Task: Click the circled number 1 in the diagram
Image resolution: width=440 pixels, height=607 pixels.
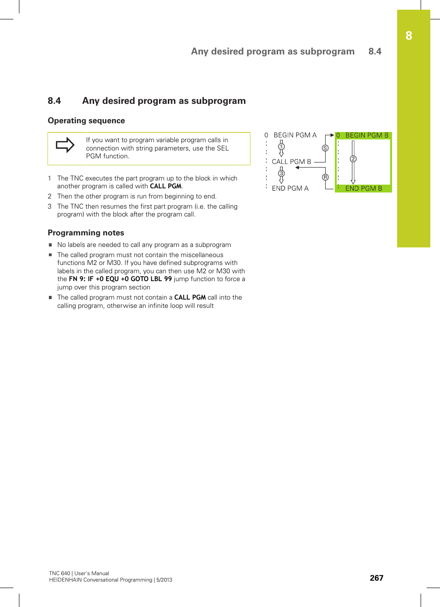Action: tap(281, 147)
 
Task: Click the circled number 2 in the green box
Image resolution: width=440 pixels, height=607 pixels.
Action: tap(353, 159)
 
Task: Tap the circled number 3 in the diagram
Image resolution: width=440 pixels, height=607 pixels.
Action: tap(281, 174)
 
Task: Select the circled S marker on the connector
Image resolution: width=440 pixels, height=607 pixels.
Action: tap(325, 148)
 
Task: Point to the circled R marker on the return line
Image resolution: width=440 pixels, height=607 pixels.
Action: tap(325, 177)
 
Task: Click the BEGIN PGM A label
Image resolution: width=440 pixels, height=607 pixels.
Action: tap(295, 135)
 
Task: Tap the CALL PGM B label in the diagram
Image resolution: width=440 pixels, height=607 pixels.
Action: tap(291, 162)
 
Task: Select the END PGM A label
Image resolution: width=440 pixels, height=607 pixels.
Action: tap(290, 188)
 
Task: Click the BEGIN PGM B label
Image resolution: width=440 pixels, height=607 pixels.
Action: tap(367, 135)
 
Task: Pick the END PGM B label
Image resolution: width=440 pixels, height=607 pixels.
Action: tap(363, 188)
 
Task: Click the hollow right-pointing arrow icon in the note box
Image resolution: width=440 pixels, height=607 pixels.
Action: tap(65, 145)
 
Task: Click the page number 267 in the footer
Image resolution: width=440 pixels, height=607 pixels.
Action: tap(376, 578)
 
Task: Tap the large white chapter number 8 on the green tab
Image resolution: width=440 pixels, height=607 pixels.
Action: tap(409, 36)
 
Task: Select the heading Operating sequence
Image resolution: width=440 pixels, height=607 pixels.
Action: tap(86, 120)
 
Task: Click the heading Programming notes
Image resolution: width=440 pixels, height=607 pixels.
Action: tap(86, 233)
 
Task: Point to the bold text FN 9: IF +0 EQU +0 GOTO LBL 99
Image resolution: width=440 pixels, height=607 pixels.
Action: tap(120, 279)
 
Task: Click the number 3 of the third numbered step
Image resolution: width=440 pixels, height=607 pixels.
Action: tap(50, 207)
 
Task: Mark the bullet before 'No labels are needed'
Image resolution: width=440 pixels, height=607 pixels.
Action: tap(50, 245)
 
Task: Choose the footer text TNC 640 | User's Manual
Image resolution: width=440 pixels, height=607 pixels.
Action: tap(79, 573)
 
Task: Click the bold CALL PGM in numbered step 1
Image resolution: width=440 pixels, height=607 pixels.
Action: tap(166, 186)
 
